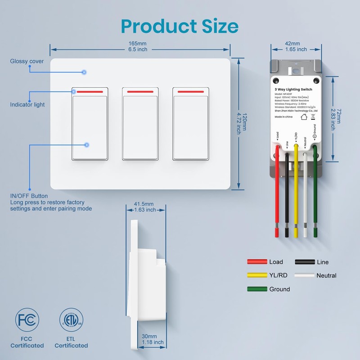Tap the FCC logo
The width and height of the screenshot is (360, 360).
(27, 321)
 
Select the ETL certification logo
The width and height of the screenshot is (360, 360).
(71, 321)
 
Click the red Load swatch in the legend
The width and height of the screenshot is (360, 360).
(256, 262)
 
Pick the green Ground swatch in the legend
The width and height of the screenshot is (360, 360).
(256, 289)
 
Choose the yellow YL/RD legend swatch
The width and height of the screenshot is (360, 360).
(256, 275)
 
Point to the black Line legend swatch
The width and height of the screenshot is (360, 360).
(305, 262)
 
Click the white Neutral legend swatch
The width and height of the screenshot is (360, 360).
(305, 275)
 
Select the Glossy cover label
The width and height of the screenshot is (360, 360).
(27, 61)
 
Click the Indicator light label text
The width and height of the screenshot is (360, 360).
(27, 105)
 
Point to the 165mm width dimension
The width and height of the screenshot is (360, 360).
(138, 43)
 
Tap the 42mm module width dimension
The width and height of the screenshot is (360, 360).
(296, 44)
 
